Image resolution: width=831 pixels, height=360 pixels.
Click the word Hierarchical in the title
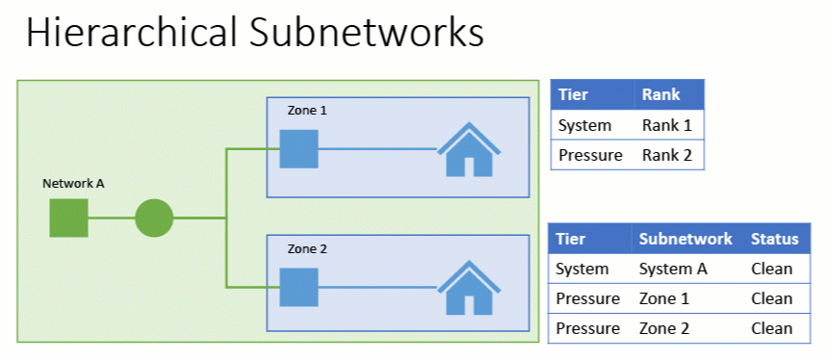coord(131,33)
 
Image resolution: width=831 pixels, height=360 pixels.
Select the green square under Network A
coord(69,218)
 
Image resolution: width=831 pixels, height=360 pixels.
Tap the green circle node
coord(153,218)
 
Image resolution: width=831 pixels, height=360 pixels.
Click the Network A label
coord(73,183)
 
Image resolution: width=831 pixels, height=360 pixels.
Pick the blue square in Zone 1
coord(299,149)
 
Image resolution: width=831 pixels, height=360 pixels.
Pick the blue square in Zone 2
coord(299,287)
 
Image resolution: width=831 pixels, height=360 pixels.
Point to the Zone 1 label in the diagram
coord(307,111)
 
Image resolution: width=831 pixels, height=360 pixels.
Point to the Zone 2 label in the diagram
coord(307,249)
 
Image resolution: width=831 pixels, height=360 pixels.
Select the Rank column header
coord(661,94)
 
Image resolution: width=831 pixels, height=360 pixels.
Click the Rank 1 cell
coord(666,125)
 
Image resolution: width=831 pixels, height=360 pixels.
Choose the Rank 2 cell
coord(666,154)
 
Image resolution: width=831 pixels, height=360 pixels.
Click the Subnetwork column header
coord(686,239)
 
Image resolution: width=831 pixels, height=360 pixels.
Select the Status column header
coord(775,239)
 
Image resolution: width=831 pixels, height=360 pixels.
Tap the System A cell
coord(673,269)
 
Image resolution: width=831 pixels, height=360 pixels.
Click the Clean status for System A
coord(772,269)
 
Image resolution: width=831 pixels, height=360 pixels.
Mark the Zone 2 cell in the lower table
coord(663,328)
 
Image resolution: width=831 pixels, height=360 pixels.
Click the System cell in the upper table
coord(584,125)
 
